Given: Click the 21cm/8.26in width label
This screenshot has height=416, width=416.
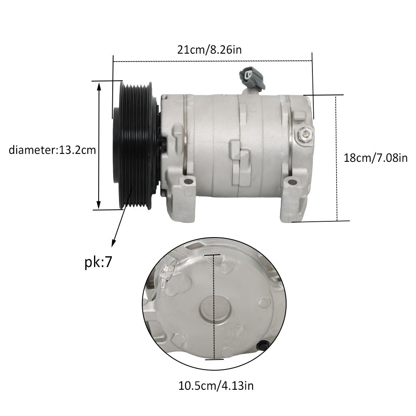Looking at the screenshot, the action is point(209,50).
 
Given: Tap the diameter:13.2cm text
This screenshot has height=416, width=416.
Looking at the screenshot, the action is point(52,150).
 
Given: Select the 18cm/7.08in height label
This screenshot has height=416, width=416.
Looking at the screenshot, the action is point(376,158).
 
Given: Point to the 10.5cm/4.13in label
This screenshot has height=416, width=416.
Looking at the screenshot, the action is point(216,386).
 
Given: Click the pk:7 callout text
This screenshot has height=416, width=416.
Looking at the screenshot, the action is point(99,262).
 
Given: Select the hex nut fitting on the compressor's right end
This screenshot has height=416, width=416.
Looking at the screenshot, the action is point(305,134).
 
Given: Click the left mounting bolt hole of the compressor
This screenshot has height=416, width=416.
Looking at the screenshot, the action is point(188,182).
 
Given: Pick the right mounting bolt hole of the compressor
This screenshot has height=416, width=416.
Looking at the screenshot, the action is point(292,182).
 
